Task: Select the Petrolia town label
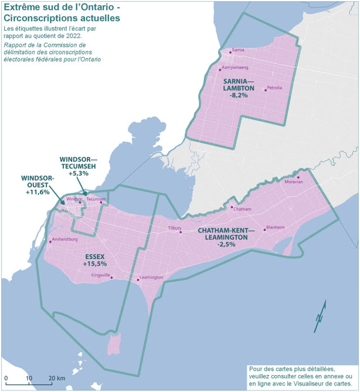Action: [x=274, y=88]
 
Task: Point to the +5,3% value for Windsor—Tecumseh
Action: [x=78, y=173]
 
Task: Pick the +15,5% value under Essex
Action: [x=95, y=265]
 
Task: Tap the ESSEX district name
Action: [x=95, y=257]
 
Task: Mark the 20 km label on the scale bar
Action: [x=56, y=378]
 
